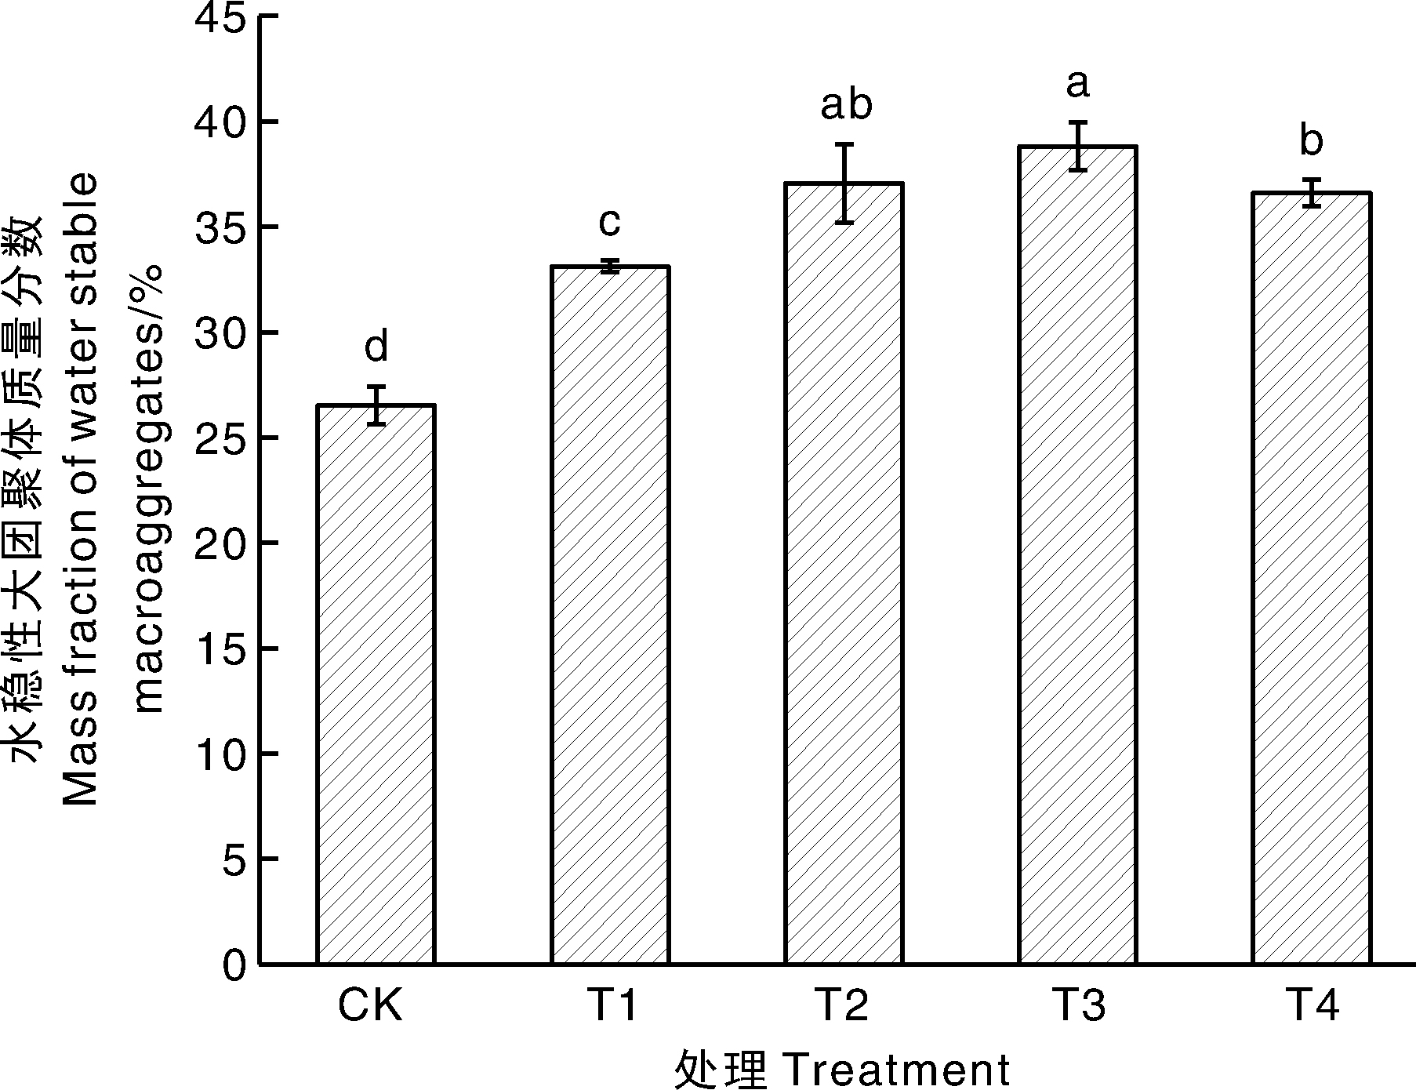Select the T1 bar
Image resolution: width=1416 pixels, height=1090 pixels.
[x=610, y=615]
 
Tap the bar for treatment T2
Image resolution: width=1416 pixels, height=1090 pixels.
[x=844, y=573]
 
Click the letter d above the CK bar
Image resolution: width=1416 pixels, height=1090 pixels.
[x=376, y=347]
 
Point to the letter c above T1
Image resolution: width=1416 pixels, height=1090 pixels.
[x=609, y=222]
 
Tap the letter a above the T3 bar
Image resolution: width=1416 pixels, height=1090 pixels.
[x=1078, y=83]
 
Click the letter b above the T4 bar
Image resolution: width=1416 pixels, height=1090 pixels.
[x=1312, y=140]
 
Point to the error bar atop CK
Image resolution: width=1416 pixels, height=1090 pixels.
[x=376, y=405]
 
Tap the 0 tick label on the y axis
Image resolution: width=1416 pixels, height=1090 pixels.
[x=234, y=965]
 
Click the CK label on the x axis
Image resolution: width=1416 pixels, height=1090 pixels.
[x=370, y=1006]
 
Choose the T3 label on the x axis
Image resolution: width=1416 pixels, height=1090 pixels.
[x=1078, y=1006]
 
